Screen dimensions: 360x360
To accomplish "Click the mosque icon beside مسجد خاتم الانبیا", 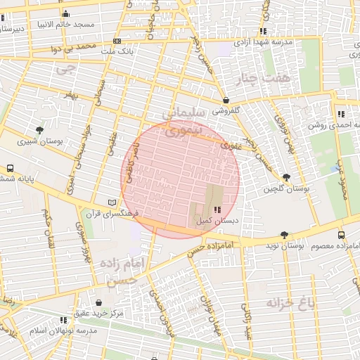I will point(66,14).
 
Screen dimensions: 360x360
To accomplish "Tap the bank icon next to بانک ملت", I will point(117,41).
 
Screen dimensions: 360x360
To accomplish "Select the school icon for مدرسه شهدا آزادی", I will point(263,32).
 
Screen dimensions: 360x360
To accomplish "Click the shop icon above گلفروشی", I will point(225,100).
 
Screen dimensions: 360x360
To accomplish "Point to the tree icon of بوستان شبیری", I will point(39,130).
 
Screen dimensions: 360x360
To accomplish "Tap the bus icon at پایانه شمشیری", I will point(10,169).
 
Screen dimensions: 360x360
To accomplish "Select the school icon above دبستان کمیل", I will point(216,210).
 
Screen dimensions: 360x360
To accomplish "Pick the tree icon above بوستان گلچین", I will point(285,178).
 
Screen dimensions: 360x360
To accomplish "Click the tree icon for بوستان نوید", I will point(284,235).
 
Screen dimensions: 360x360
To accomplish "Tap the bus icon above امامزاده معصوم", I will point(341,235).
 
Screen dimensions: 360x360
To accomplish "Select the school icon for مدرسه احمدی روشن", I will point(341,114).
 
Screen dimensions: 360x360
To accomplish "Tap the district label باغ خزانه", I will point(287,304).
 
